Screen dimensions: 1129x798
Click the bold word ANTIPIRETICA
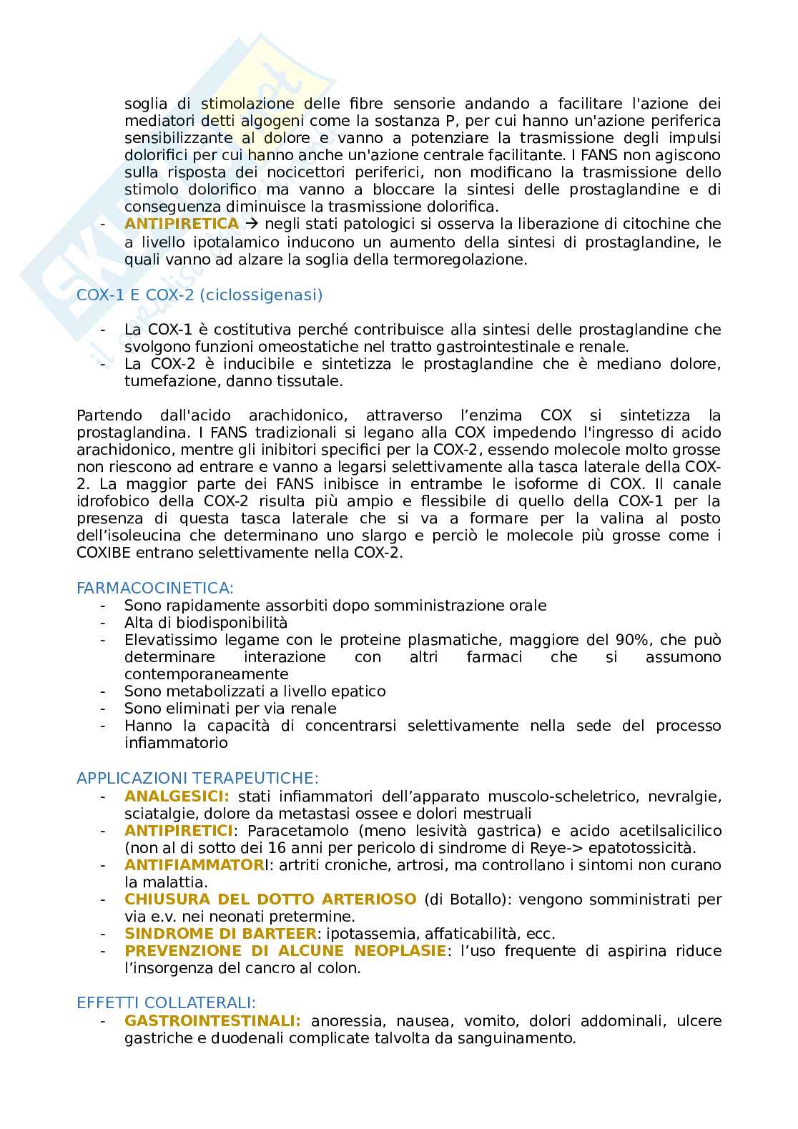click(182, 224)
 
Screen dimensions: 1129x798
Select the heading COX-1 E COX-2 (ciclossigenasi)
click(199, 295)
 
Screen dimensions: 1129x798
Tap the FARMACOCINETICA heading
click(154, 588)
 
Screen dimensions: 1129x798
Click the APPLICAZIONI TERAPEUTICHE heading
click(197, 778)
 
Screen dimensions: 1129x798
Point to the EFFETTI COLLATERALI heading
click(166, 1002)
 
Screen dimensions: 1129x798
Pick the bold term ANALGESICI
click(177, 796)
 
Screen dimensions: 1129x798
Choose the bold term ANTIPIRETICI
click(179, 830)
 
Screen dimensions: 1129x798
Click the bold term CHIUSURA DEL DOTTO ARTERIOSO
click(270, 899)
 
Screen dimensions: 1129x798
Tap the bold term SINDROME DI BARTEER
click(220, 933)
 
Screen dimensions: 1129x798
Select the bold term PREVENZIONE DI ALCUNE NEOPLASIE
click(285, 950)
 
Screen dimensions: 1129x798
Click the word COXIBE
click(104, 553)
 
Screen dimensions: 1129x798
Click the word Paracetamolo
click(298, 830)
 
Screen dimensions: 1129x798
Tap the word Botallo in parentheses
click(468, 899)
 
